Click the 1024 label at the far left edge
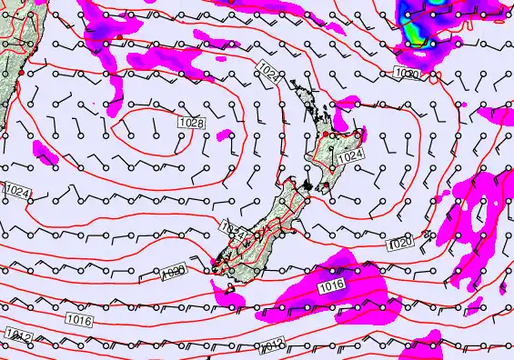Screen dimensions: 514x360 point(16,192)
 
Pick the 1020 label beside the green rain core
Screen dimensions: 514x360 point(407,73)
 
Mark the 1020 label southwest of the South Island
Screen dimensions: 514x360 point(173,272)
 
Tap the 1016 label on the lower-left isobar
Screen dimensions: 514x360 point(79,319)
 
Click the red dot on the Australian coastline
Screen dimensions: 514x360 point(20,72)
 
